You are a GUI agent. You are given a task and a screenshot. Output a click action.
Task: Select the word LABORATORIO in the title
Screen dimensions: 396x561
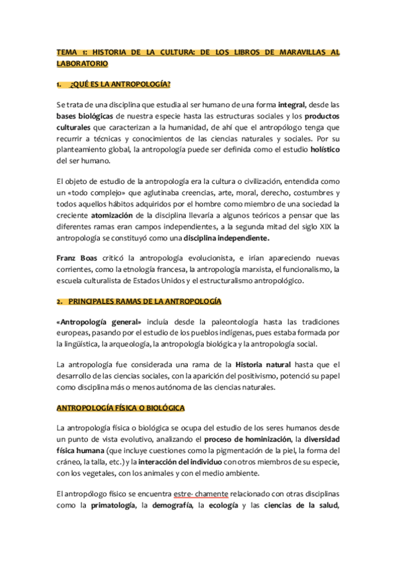coord(82,64)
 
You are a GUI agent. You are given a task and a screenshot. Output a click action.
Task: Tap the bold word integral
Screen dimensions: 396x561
coord(292,105)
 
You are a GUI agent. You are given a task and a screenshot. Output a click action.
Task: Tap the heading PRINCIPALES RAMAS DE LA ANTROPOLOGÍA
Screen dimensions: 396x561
coord(144,301)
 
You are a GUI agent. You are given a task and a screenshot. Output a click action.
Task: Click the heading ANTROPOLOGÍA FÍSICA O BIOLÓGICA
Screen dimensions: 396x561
coord(121,408)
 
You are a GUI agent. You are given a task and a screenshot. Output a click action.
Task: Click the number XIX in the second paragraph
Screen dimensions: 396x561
coord(328,227)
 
